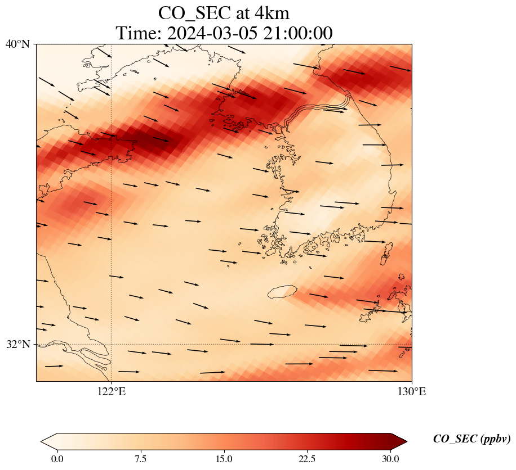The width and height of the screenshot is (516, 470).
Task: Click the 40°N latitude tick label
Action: tap(17, 44)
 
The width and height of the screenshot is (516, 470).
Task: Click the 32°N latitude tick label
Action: tap(17, 344)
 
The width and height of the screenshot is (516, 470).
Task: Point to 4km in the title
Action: tap(272, 12)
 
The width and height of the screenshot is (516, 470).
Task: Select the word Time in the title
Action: tap(136, 33)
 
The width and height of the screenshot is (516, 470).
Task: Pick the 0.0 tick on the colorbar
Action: tap(57, 459)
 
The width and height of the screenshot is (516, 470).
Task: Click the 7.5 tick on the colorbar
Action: tap(140, 459)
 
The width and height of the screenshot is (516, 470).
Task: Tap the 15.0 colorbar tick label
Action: tap(224, 459)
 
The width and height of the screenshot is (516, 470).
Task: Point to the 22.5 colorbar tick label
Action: tap(307, 459)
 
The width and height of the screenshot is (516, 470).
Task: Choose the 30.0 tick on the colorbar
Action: tap(390, 459)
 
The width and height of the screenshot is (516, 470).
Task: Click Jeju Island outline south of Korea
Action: tap(282, 292)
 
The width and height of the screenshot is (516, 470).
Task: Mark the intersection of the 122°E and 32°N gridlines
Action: tap(112, 344)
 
